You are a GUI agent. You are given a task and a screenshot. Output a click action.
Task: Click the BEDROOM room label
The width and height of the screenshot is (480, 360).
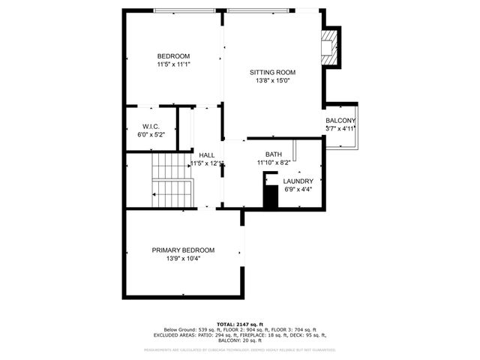pyautogui.click(x=172, y=56)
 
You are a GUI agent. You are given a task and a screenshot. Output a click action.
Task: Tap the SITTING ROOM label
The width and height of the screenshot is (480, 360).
pyautogui.click(x=272, y=73)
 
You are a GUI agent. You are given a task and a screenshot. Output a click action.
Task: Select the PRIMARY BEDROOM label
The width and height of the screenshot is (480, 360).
pyautogui.click(x=183, y=250)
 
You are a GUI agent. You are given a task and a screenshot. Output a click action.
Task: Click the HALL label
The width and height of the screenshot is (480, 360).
pyautogui.click(x=207, y=155)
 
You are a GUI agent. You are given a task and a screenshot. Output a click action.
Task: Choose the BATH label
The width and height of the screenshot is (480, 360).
pyautogui.click(x=273, y=154)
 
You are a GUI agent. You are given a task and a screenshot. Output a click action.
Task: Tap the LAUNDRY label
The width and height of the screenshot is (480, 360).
pyautogui.click(x=298, y=181)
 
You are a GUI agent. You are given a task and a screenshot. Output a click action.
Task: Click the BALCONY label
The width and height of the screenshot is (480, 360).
pyautogui.click(x=340, y=121)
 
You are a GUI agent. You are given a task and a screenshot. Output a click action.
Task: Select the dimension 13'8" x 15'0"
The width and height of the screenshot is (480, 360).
pyautogui.click(x=272, y=81)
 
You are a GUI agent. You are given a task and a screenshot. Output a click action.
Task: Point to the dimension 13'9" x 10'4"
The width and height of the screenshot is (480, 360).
pyautogui.click(x=183, y=259)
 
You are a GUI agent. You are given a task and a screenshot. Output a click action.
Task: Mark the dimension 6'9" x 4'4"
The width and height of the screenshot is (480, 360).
pyautogui.click(x=298, y=190)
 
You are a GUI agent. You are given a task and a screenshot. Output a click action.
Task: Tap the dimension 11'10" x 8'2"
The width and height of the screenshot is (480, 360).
pyautogui.click(x=273, y=163)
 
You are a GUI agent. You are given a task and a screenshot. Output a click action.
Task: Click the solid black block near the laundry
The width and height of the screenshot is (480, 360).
pyautogui.click(x=271, y=193)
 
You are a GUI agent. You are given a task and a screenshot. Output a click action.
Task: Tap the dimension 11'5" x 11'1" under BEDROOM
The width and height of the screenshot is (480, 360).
pyautogui.click(x=172, y=64)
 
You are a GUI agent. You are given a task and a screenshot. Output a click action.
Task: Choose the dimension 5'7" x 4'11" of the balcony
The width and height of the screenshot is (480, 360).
pyautogui.click(x=340, y=129)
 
